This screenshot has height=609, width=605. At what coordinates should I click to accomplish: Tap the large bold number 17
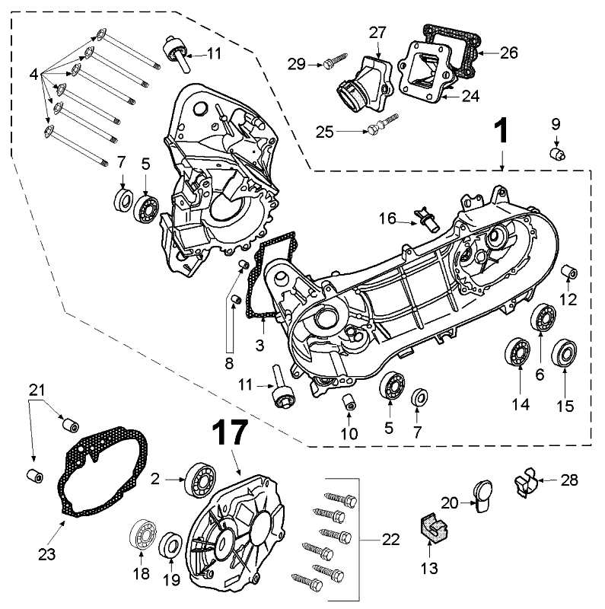[228, 432]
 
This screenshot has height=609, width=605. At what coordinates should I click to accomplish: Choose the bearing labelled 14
[519, 353]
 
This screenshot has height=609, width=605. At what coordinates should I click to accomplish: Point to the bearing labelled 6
[542, 317]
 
